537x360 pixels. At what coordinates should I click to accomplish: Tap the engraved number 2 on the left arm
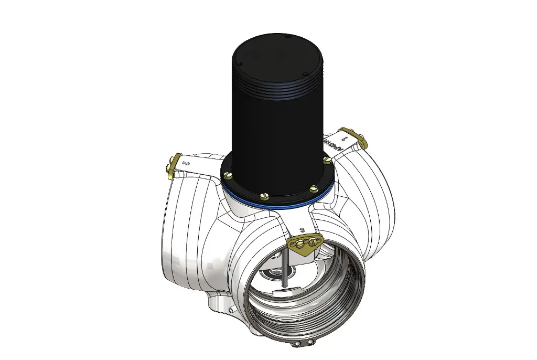pyautogui.click(x=186, y=163)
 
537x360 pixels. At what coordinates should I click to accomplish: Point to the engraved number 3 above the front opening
pyautogui.click(x=302, y=230)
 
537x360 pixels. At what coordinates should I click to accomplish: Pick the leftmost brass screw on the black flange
pyautogui.click(x=229, y=174)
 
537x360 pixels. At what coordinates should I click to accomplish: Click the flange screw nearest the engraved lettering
pyautogui.click(x=327, y=159)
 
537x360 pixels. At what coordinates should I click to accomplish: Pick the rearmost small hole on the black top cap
pyautogui.click(x=288, y=36)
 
